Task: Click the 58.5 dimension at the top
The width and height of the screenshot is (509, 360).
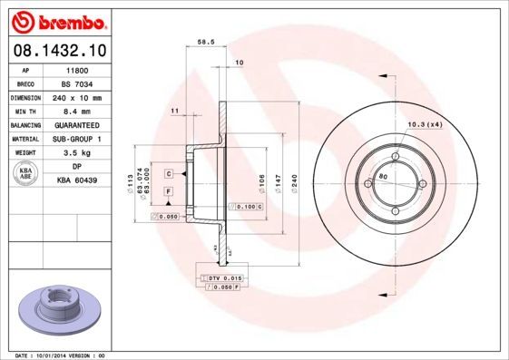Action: click(x=205, y=42)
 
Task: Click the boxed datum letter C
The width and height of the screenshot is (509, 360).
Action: click(x=169, y=172)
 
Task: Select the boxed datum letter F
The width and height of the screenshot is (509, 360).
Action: click(x=169, y=191)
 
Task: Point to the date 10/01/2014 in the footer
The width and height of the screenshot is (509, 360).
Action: click(x=61, y=355)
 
